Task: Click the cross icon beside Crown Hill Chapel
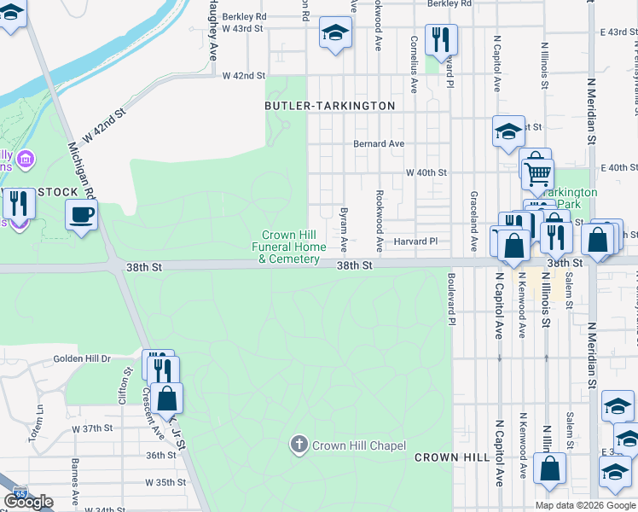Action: pyautogui.click(x=299, y=445)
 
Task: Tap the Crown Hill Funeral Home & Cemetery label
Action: pyautogui.click(x=291, y=247)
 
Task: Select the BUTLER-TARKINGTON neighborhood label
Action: pyautogui.click(x=330, y=106)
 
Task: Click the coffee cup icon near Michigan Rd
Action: pyautogui.click(x=81, y=215)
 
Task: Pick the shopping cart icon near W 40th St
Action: pyautogui.click(x=536, y=173)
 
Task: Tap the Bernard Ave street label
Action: pyautogui.click(x=379, y=144)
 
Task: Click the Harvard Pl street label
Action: pyautogui.click(x=415, y=242)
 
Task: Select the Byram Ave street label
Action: pyautogui.click(x=344, y=228)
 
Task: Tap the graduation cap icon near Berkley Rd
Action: pyautogui.click(x=335, y=34)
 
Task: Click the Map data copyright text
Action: pyautogui.click(x=585, y=505)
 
